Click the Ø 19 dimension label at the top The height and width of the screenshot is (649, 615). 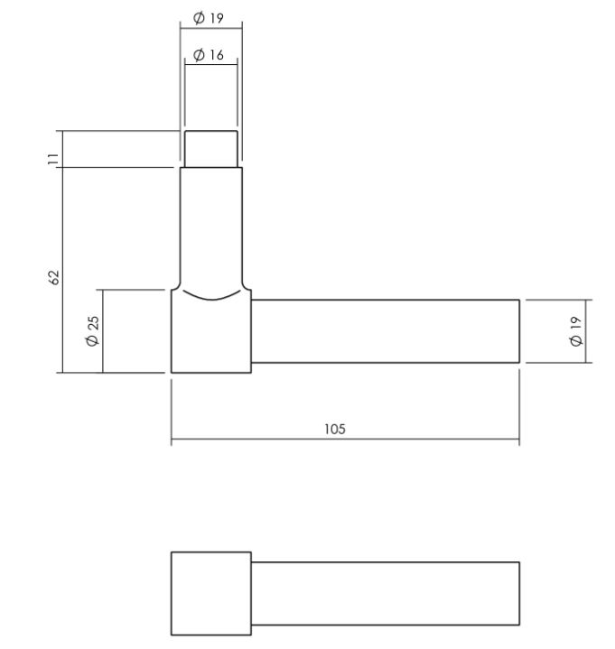tap(210, 19)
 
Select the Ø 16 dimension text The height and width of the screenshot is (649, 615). tap(210, 55)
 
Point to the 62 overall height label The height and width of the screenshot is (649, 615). tap(53, 275)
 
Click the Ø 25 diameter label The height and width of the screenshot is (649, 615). tap(92, 331)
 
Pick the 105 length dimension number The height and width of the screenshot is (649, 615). tap(334, 429)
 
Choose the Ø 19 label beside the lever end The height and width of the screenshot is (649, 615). tap(575, 331)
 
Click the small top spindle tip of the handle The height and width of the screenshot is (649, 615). tap(211, 148)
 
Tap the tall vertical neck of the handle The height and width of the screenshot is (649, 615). tap(211, 226)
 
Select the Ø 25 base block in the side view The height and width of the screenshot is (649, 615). tap(211, 338)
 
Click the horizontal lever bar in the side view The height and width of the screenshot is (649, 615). tap(384, 331)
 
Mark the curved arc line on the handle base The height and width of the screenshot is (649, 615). tap(211, 297)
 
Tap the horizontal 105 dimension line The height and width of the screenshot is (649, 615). tap(271, 441)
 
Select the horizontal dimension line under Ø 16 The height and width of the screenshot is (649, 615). tap(211, 63)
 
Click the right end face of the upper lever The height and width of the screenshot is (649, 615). tap(519, 331)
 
